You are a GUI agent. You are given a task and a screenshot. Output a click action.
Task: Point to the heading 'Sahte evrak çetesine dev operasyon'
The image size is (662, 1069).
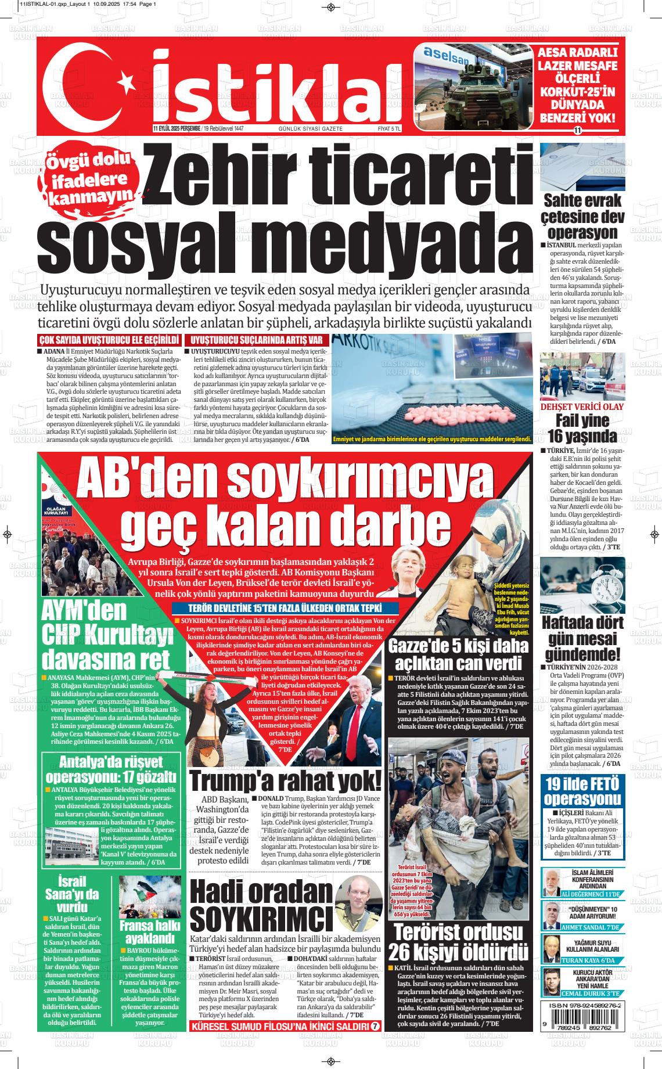click(582, 217)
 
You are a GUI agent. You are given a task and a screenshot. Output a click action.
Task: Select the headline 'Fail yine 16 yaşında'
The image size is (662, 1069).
click(582, 428)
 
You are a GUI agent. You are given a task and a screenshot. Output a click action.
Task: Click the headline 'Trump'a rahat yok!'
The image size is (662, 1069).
click(285, 780)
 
